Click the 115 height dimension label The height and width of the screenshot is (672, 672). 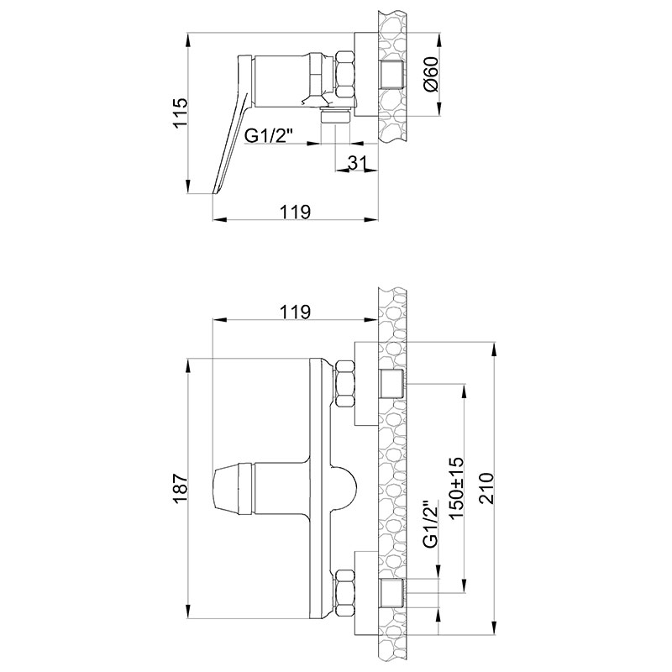181,113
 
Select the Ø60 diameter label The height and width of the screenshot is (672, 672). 431,74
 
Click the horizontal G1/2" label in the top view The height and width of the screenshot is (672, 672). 269,136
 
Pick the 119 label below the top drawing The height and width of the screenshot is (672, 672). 295,212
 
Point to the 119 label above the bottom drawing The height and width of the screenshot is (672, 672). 295,312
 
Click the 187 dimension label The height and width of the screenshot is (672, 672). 181,489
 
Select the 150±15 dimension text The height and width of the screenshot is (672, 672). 455,488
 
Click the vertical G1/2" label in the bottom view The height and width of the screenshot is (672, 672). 431,524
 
